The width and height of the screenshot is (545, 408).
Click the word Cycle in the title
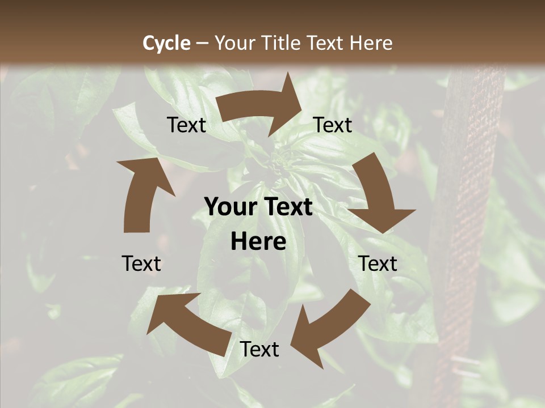pos(166,43)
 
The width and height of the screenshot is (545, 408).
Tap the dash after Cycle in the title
pos(202,43)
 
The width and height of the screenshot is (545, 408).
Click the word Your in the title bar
pos(235,43)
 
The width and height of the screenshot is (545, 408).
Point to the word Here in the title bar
pos(371,43)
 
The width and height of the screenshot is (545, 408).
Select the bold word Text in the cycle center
pos(287,207)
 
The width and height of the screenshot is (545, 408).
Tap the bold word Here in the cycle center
pos(258,242)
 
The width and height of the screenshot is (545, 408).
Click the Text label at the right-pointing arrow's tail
pos(186,125)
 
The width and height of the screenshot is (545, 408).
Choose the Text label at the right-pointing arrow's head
pos(333,125)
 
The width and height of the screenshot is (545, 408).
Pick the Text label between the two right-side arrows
pos(378,263)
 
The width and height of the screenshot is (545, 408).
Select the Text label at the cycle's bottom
pos(259,350)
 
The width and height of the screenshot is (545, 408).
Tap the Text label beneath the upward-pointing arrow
pos(141,263)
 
